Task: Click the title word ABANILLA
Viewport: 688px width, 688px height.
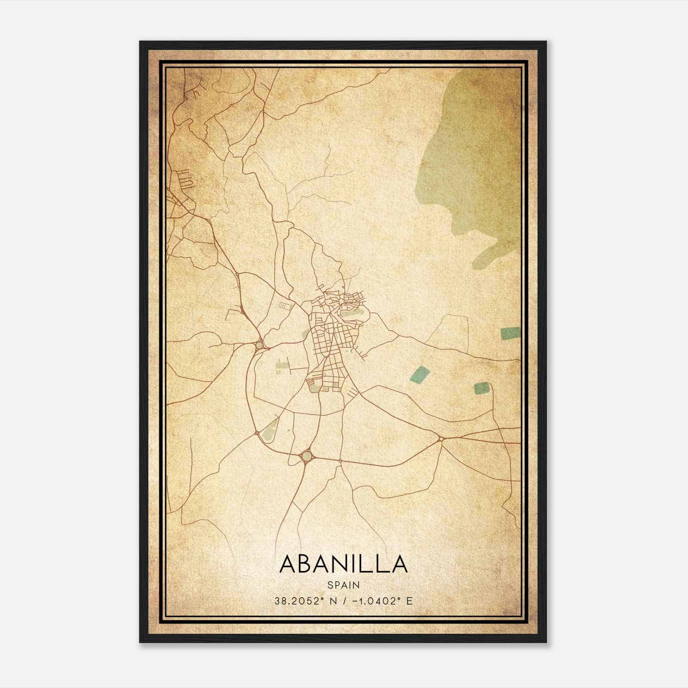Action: pos(344,563)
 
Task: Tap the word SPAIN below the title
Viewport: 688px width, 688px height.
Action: pos(344,585)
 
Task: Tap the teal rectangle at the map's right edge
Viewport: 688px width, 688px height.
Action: pos(510,333)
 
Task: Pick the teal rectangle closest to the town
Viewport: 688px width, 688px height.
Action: pos(420,374)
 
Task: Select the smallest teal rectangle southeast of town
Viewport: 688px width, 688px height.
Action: pos(482,388)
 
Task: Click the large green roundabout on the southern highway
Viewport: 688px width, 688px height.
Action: pos(306,455)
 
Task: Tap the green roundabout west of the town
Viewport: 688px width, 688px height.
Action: pos(259,345)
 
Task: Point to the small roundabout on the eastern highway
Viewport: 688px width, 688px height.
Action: pos(441,439)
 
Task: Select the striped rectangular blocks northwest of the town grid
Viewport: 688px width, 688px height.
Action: pos(285,305)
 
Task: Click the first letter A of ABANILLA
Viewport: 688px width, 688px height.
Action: pos(288,563)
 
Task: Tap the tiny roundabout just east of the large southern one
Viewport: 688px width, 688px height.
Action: pos(340,461)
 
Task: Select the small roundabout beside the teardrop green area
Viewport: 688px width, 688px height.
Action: pos(257,433)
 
